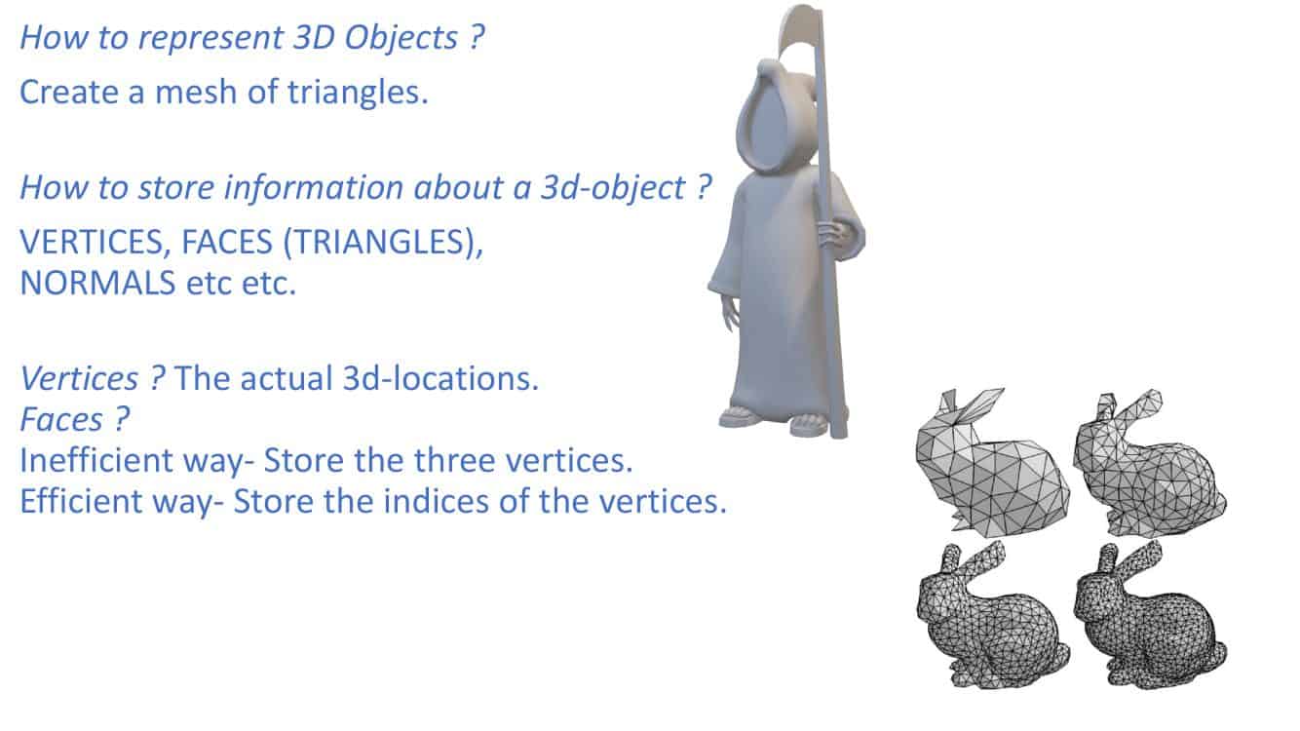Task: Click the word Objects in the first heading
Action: click(401, 38)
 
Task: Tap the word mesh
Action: click(197, 92)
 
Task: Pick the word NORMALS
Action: click(97, 284)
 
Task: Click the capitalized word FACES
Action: click(226, 242)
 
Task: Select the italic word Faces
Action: click(61, 419)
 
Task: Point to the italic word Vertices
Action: click(80, 378)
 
